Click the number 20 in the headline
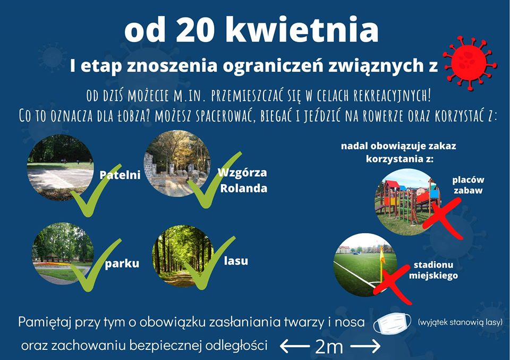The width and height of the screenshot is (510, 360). pos(195,30)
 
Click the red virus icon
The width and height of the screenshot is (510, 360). pos(469,63)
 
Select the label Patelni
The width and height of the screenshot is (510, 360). pos(120,175)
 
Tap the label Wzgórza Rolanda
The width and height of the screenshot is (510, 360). pos(243,180)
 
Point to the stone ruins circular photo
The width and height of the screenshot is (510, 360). pos(177,164)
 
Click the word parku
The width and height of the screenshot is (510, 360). pos(122,263)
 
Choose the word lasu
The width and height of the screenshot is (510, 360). pos(236,261)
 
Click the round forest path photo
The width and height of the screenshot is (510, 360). pos(184,256)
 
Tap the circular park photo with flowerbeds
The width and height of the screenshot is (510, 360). pos(63,254)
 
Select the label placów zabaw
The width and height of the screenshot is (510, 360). pos(468,185)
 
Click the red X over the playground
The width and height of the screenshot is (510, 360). pos(443,218)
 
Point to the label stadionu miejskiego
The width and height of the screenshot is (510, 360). pos(433,271)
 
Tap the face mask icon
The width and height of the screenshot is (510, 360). pos(392,323)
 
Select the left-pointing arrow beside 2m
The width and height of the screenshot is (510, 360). pos(295,346)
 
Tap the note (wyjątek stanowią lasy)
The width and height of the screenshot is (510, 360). pos(460,322)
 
